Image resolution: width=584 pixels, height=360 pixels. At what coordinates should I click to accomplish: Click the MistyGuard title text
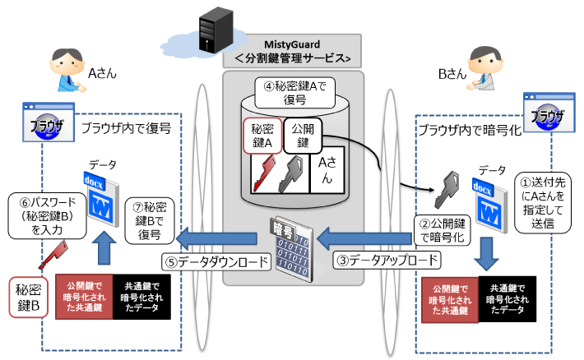click(x=292, y=43)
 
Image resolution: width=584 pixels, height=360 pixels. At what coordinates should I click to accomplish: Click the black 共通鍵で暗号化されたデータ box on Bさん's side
click(x=507, y=298)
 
